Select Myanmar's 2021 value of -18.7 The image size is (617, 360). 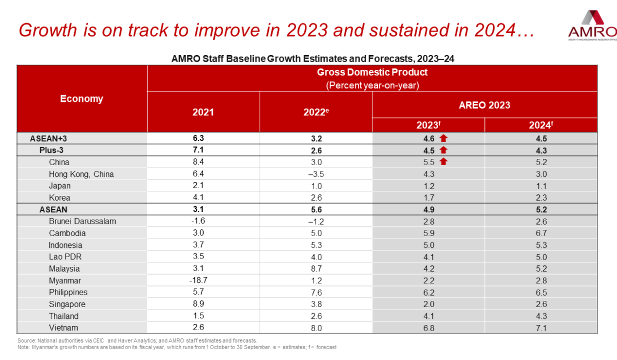coord(203,280)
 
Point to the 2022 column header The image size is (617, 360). coord(316,112)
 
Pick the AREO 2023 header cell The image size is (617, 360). coord(484,105)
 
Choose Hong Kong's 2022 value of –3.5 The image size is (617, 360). coord(316,174)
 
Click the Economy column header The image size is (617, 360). coord(82,99)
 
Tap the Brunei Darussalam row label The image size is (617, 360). coord(82,221)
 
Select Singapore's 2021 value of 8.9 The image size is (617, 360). coord(203,304)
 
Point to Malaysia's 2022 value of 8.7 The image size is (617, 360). coord(316,268)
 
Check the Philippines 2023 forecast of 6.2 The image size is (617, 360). coord(428,292)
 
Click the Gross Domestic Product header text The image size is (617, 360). coord(372,73)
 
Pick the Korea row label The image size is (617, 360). coord(60,197)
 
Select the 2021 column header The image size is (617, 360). coord(203,112)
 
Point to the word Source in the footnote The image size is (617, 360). coord(25,340)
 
